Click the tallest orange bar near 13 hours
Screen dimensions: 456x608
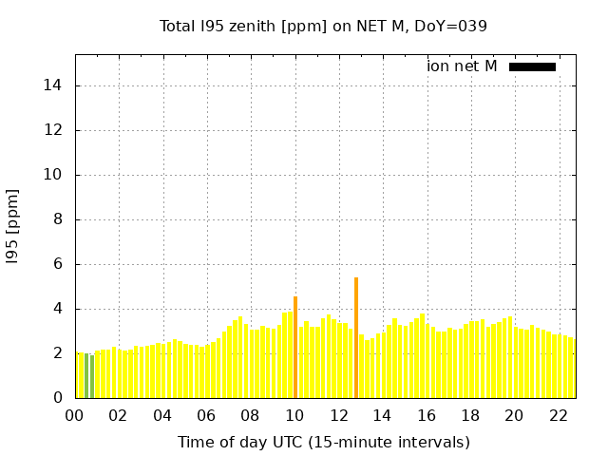click(356, 337)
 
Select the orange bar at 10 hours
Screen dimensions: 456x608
click(295, 347)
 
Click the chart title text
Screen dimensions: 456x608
click(323, 27)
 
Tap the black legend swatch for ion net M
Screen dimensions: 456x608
click(532, 66)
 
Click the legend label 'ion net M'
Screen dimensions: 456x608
click(462, 66)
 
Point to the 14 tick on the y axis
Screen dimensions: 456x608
click(53, 85)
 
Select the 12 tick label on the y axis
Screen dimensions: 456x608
click(53, 130)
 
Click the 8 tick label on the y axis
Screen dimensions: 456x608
click(57, 219)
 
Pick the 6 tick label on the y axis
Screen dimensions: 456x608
click(57, 264)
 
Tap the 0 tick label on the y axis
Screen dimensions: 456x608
click(57, 398)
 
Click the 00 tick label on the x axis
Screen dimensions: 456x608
click(75, 415)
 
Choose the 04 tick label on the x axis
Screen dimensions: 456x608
click(162, 415)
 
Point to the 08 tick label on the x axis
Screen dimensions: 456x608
click(251, 415)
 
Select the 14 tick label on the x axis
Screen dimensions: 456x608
click(383, 415)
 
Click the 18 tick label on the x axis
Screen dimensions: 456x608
click(470, 415)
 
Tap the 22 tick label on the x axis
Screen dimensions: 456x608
click(559, 415)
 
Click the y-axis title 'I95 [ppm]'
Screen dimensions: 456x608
click(13, 225)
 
